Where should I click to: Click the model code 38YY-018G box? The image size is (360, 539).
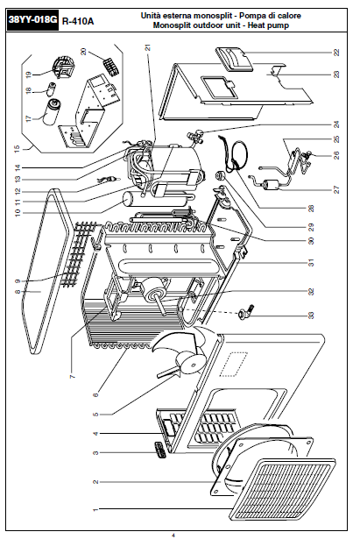coord(32,20)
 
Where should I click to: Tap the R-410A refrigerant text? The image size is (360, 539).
coord(78,21)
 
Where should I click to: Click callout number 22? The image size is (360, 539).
coord(336,53)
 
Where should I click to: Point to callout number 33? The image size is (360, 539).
coord(311,316)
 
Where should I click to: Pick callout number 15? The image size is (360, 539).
coord(18,148)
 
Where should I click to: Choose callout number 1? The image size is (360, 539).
coord(95,509)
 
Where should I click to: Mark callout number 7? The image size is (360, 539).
coord(72,376)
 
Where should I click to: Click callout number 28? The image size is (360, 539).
coord(311,209)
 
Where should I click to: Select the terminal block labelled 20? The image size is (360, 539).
coord(111,67)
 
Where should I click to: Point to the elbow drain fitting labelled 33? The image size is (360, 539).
coord(247,311)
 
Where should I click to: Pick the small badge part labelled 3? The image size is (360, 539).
coord(159,450)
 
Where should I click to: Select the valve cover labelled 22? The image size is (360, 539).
coord(234,60)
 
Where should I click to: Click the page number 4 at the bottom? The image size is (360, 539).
coord(173,535)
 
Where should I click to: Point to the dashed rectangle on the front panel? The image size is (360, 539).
coord(234,364)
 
